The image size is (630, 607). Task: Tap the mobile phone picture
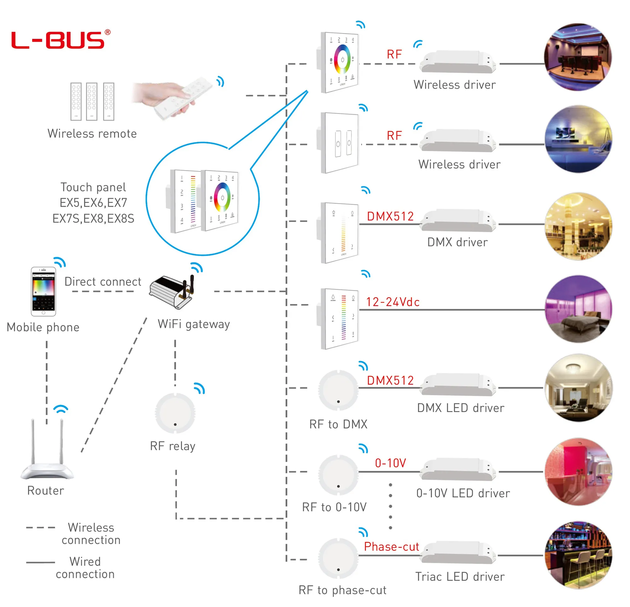(43, 291)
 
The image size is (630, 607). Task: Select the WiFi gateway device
(172, 291)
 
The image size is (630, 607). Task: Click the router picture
(47, 450)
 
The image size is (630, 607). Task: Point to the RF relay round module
(175, 413)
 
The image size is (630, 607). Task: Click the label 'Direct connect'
(103, 282)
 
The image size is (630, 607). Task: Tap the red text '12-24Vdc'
(393, 302)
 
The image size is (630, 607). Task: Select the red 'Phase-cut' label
(392, 547)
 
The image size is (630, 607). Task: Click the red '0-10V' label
(391, 463)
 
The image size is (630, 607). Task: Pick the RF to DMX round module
(338, 390)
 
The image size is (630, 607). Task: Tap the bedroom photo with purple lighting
(579, 309)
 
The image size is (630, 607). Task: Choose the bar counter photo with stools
(579, 555)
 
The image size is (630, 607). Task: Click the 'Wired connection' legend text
(85, 568)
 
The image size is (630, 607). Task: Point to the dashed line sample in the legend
(41, 528)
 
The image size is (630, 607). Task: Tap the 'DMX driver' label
(457, 242)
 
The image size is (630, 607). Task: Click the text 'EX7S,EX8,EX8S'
(93, 219)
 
